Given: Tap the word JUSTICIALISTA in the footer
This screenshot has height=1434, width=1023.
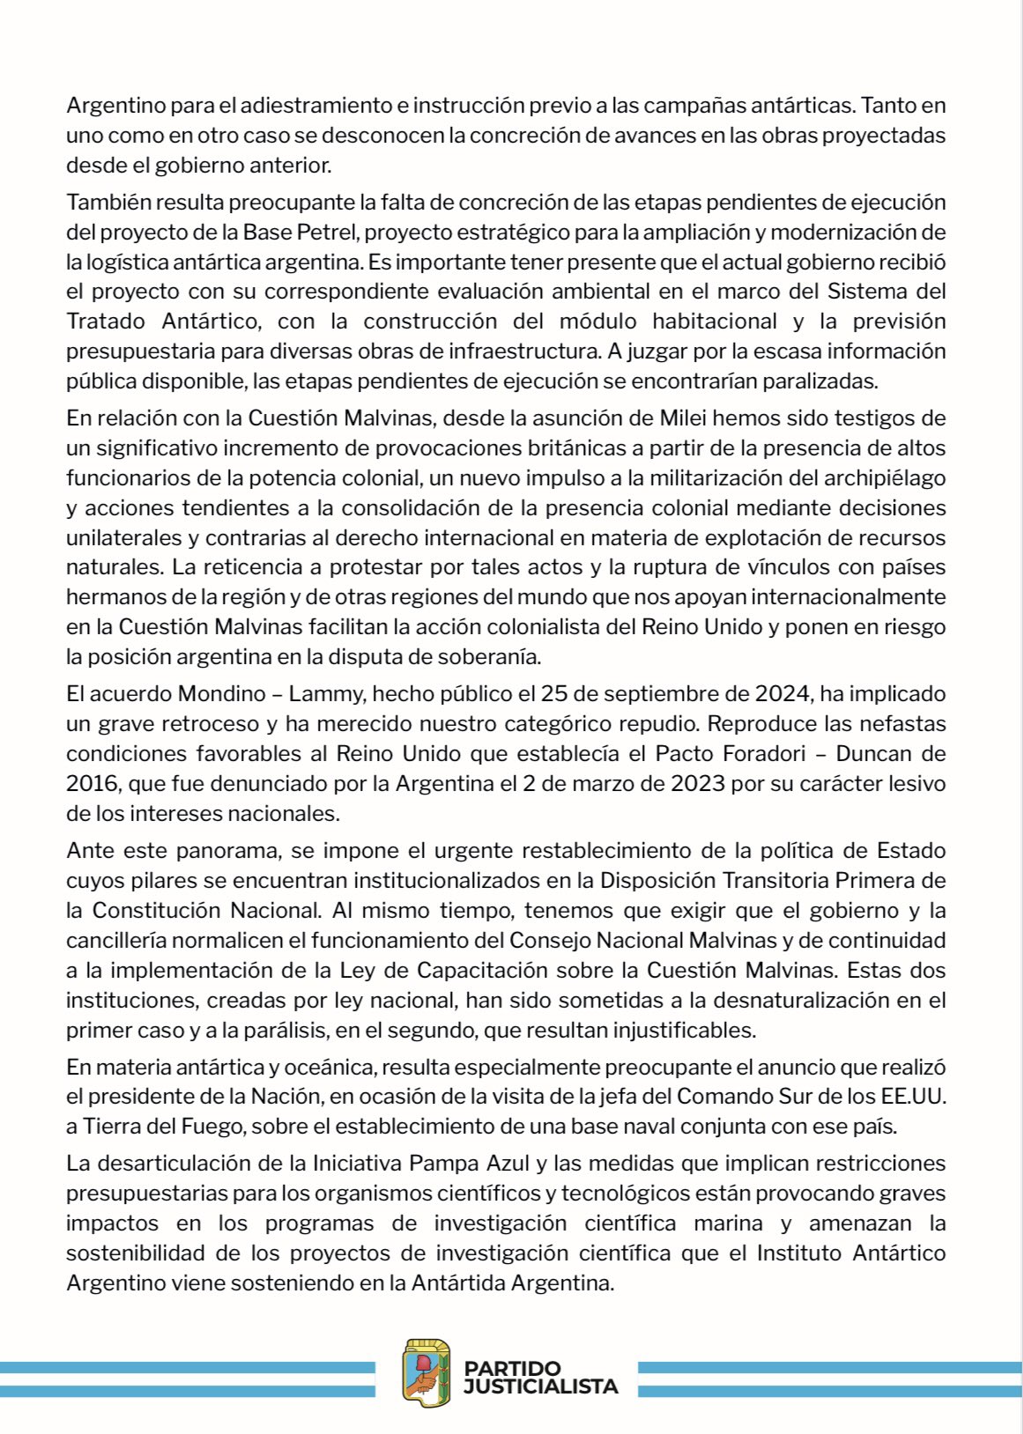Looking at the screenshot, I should [541, 1386].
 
